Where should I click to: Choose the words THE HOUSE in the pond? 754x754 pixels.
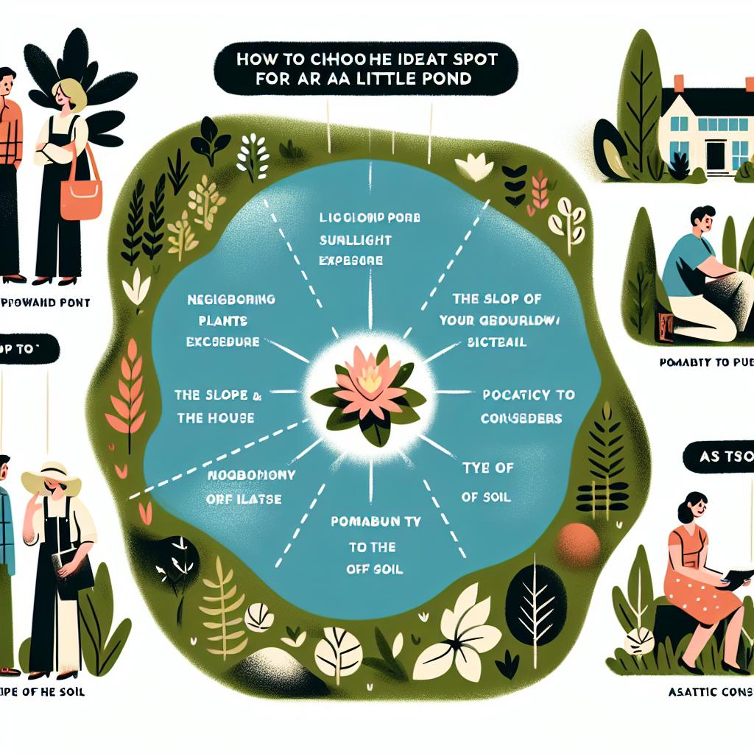[215, 417]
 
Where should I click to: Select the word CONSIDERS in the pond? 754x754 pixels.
[523, 418]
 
